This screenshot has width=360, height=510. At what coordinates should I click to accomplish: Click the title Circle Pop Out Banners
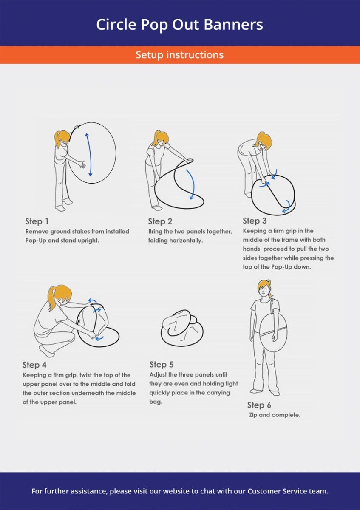point(179,25)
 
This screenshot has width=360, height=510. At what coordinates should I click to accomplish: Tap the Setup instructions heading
point(180,55)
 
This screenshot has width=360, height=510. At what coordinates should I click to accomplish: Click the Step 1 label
point(37,221)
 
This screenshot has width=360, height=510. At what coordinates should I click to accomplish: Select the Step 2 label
point(160,221)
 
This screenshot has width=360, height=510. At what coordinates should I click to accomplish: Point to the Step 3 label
point(255,221)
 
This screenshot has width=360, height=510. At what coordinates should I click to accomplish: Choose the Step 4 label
point(34,365)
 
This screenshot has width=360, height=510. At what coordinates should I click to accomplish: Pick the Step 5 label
point(162,364)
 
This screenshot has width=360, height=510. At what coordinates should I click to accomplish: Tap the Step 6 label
point(259,405)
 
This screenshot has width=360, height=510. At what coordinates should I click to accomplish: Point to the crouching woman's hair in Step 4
point(59,295)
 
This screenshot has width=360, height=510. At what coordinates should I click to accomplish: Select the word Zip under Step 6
point(253,415)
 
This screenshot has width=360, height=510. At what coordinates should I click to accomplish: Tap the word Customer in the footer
point(264,491)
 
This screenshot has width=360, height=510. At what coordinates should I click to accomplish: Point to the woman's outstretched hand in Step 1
point(82,164)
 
